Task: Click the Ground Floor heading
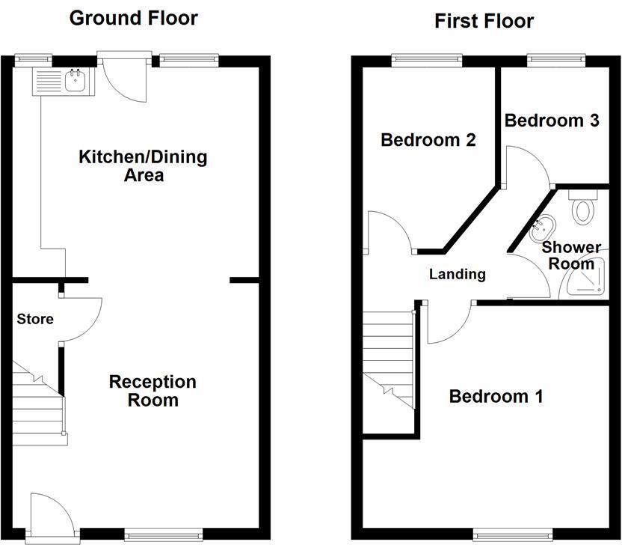pos(133,18)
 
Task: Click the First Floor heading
pos(484,21)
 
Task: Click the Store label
pos(35,319)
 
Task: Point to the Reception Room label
pos(153,391)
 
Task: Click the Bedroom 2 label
pos(428,140)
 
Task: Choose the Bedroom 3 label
pos(552,121)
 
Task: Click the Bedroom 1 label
pos(496,396)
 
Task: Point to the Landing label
pos(457,274)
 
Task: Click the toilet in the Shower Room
pos(582,207)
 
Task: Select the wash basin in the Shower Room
pos(542,228)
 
